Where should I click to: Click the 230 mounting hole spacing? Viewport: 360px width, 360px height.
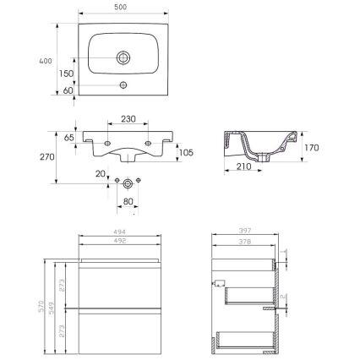(x=129, y=120)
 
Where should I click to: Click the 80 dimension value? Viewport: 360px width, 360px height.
(x=128, y=201)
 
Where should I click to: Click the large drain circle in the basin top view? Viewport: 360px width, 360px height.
(x=123, y=57)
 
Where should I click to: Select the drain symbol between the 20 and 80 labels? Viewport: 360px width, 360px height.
(x=128, y=183)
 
